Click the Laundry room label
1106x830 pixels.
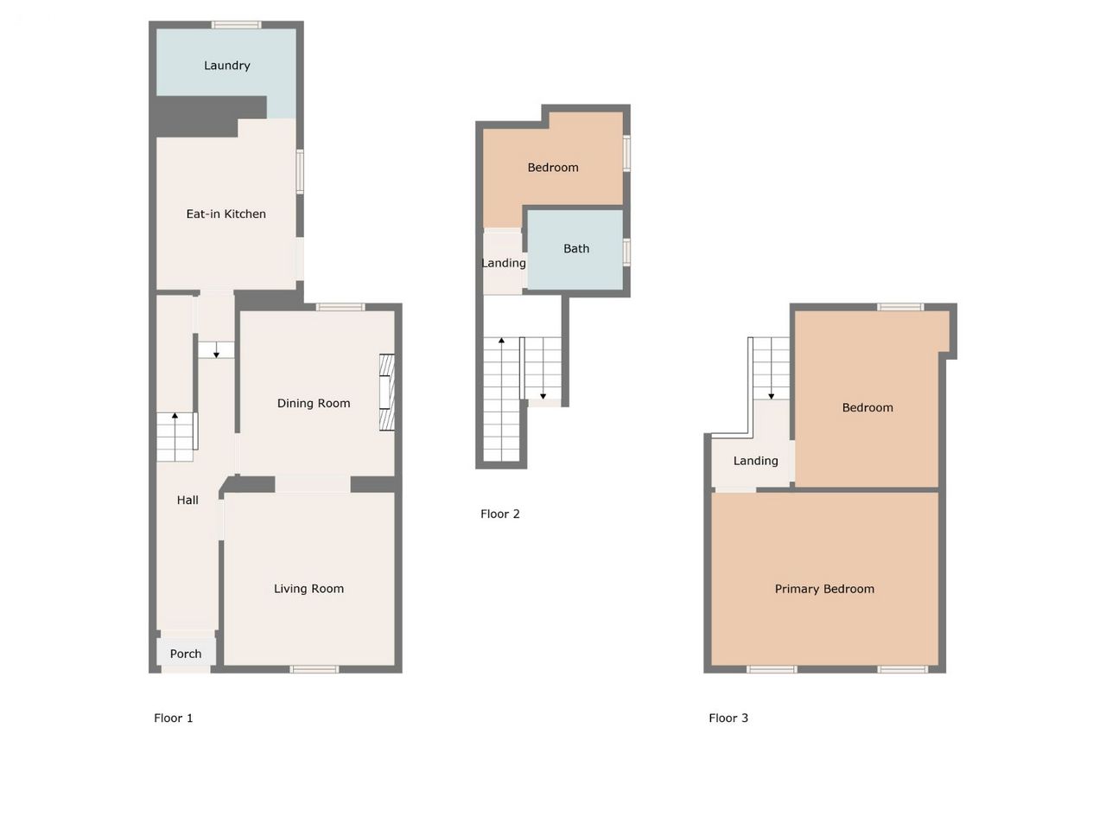pyautogui.click(x=226, y=66)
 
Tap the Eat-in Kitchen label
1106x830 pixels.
pyautogui.click(x=226, y=214)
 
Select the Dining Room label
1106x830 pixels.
pyautogui.click(x=314, y=403)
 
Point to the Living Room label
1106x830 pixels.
pyautogui.click(x=308, y=589)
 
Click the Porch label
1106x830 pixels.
pyautogui.click(x=186, y=654)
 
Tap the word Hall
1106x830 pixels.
pyautogui.click(x=188, y=500)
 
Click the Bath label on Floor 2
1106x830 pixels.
pyautogui.click(x=576, y=248)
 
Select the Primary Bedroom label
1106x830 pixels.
pyautogui.click(x=824, y=589)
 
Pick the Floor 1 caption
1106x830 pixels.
pyautogui.click(x=174, y=718)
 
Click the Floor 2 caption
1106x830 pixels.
pyautogui.click(x=499, y=514)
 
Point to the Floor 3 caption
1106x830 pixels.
pyautogui.click(x=728, y=718)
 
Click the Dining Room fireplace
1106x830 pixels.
pyautogui.click(x=387, y=393)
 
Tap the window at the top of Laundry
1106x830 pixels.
pyautogui.click(x=236, y=25)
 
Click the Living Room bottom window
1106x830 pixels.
pyautogui.click(x=315, y=669)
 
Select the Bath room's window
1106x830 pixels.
pyautogui.click(x=626, y=252)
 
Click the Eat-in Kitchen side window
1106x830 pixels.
pyautogui.click(x=300, y=171)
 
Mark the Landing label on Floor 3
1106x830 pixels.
pyautogui.click(x=755, y=461)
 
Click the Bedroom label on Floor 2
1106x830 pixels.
pyautogui.click(x=553, y=168)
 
